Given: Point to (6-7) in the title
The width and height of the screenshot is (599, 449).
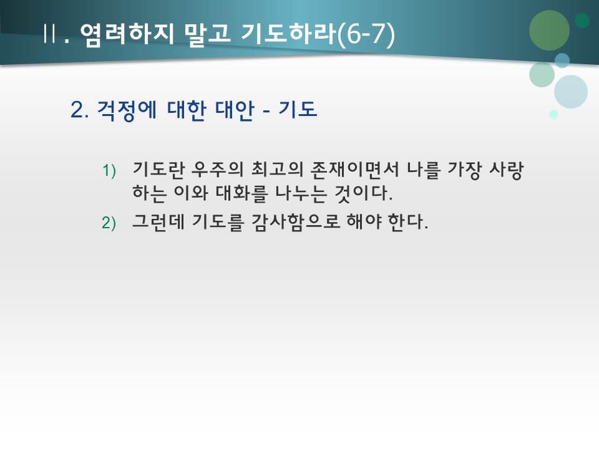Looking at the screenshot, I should pyautogui.click(x=366, y=33).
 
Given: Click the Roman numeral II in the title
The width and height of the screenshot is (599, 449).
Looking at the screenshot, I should pyautogui.click(x=51, y=33).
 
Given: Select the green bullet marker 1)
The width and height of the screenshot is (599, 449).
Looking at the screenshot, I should pyautogui.click(x=109, y=170).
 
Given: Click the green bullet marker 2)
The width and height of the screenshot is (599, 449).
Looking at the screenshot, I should pyautogui.click(x=109, y=223).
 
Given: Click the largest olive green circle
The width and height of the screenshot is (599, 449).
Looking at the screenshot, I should pyautogui.click(x=549, y=30).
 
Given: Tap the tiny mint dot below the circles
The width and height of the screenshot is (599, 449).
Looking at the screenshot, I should pyautogui.click(x=553, y=114).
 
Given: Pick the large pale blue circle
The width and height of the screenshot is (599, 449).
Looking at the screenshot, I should pyautogui.click(x=571, y=92).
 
